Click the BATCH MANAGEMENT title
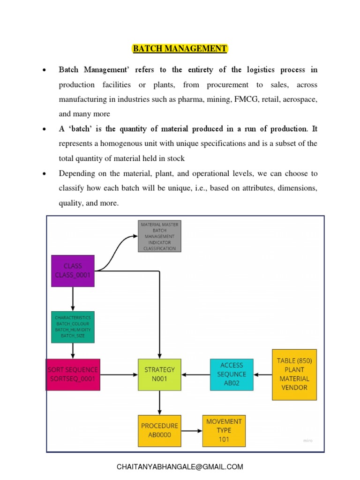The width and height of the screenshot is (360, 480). click(x=180, y=49)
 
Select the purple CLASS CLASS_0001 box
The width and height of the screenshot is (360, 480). click(x=73, y=271)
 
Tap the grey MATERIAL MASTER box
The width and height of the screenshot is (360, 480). click(x=159, y=236)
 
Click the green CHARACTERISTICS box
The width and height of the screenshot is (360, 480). click(x=73, y=327)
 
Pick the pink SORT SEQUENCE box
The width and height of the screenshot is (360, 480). click(x=73, y=375)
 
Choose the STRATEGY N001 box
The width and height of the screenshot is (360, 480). click(x=159, y=375)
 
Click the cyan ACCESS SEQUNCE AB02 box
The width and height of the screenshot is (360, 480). click(x=232, y=375)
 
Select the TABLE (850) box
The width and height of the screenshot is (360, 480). click(x=294, y=374)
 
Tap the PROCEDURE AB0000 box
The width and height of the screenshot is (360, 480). click(x=159, y=430)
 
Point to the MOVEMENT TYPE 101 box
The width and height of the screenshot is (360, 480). click(x=224, y=430)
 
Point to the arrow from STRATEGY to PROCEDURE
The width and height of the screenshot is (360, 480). click(x=159, y=403)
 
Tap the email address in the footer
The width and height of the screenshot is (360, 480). click(x=180, y=466)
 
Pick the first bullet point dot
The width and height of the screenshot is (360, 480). click(x=44, y=70)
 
